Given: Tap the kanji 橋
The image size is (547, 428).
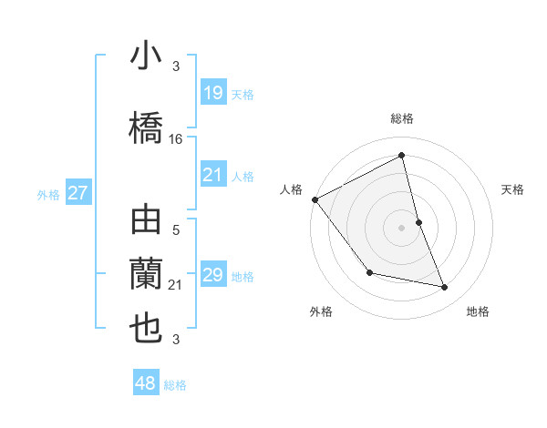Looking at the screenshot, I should pyautogui.click(x=147, y=127).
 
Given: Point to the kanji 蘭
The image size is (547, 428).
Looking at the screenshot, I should pyautogui.click(x=147, y=275).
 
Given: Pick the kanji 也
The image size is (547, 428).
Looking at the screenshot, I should pyautogui.click(x=147, y=329).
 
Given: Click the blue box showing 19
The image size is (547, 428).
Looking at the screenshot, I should pyautogui.click(x=212, y=93).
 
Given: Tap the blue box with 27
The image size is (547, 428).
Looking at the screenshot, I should pyautogui.click(x=78, y=193).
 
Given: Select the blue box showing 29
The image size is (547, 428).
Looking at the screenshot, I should pyautogui.click(x=212, y=275).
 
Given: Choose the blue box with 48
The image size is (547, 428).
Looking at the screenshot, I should pyautogui.click(x=146, y=383).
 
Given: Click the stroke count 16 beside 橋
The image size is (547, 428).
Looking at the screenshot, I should pyautogui.click(x=176, y=139).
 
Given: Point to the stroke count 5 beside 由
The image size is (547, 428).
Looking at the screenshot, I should pyautogui.click(x=176, y=230).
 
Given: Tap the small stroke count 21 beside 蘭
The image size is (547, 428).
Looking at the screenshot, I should pyautogui.click(x=176, y=286).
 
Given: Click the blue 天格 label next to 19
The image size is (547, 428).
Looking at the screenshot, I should pyautogui.click(x=243, y=95).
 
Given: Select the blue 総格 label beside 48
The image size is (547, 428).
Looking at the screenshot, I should pyautogui.click(x=175, y=385).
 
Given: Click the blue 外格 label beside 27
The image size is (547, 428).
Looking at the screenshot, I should pyautogui.click(x=48, y=194).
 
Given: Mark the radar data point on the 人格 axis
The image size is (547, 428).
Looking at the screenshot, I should pyautogui.click(x=315, y=199).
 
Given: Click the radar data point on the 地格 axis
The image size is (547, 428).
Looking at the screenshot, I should pyautogui.click(x=445, y=288).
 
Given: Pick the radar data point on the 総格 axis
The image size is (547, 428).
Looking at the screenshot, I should pyautogui.click(x=402, y=156).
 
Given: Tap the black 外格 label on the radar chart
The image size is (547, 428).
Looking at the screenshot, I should pyautogui.click(x=321, y=312).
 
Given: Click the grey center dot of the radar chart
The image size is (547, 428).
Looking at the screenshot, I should pyautogui.click(x=402, y=228).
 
